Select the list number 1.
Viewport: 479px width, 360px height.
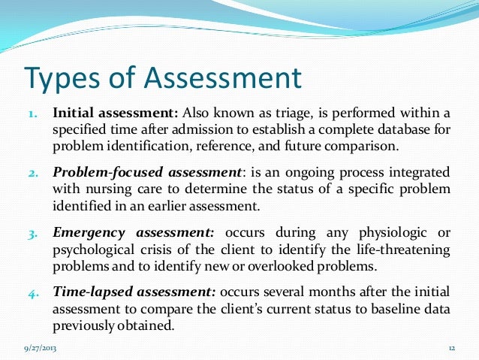click(33, 114)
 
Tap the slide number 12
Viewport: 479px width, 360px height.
click(453, 349)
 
